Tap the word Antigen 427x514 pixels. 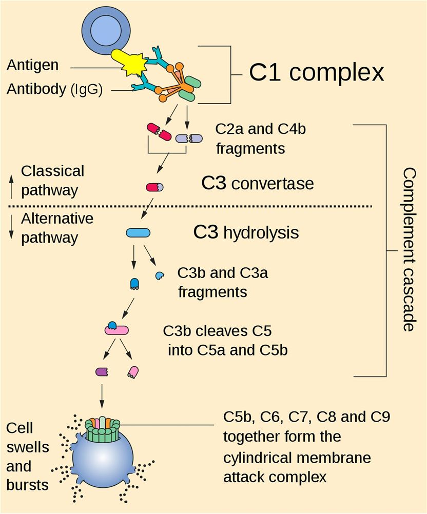tap(33, 66)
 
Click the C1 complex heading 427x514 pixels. tap(317, 72)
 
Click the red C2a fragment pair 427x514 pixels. tap(159, 131)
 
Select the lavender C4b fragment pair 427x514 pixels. tap(189, 138)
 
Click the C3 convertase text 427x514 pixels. tap(257, 183)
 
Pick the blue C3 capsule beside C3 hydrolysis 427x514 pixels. tap(138, 233)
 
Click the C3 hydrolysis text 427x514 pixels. tap(246, 232)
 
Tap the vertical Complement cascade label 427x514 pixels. tap(407, 249)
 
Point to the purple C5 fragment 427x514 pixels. tap(102, 371)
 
